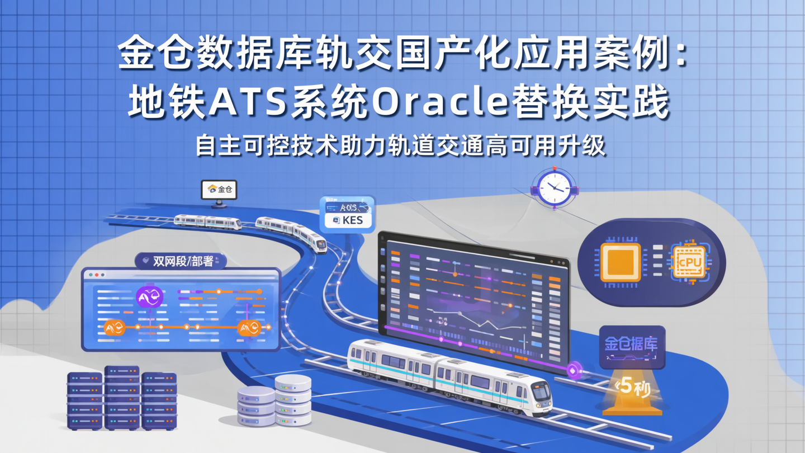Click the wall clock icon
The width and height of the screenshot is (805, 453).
click(x=554, y=188)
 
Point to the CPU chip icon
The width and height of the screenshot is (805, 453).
click(x=689, y=262)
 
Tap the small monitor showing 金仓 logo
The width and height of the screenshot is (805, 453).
click(x=219, y=190)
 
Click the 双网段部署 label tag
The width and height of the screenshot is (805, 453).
click(x=181, y=261)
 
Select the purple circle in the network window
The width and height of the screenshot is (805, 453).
click(x=150, y=297)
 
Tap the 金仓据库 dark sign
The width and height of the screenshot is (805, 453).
click(x=632, y=345)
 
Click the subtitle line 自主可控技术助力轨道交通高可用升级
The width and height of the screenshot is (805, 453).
click(x=400, y=146)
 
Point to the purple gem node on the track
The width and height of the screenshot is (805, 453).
click(x=574, y=370)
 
